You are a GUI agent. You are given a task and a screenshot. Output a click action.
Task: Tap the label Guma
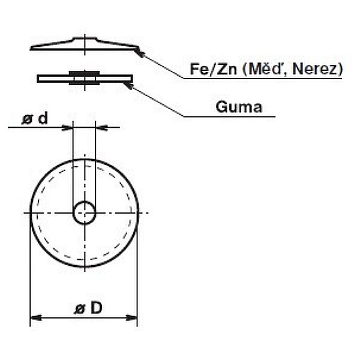pyautogui.click(x=239, y=107)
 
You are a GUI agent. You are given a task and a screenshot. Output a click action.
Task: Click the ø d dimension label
pyautogui.click(x=35, y=119)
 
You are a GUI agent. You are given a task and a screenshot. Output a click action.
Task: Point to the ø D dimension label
pyautogui.click(x=88, y=308)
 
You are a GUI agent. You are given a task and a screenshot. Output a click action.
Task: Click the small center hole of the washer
pyautogui.click(x=84, y=212)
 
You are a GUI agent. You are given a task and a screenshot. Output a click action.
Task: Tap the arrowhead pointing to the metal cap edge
pyautogui.click(x=140, y=52)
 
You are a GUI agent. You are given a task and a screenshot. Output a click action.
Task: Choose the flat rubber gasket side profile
pyautogui.click(x=51, y=78)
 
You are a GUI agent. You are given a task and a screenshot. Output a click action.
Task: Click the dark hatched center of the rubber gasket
pyautogui.click(x=84, y=78)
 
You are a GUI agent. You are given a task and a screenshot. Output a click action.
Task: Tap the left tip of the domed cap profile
pyautogui.click(x=31, y=48)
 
